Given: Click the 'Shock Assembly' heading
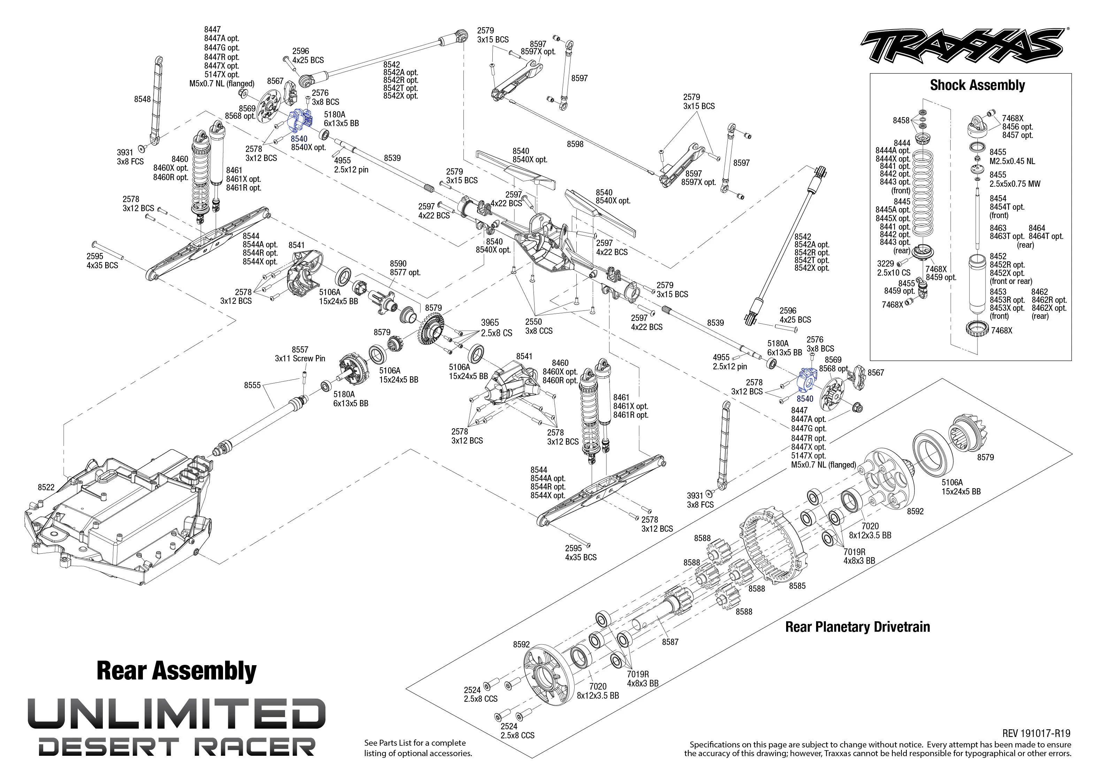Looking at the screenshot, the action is (977, 85).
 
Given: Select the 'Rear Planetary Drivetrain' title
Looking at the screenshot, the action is (858, 627).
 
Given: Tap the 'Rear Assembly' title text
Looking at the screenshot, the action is (176, 671).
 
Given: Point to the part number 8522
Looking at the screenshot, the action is (46, 487).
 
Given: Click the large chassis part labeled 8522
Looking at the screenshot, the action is (118, 516).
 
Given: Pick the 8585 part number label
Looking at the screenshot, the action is (797, 586).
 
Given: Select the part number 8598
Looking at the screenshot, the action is (575, 144).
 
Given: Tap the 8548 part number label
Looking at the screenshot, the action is (143, 99).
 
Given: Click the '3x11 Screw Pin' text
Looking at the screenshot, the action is (300, 359).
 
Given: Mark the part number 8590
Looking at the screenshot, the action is (399, 263).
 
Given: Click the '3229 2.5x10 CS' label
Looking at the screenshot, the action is (894, 268).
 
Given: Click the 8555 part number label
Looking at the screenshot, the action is (252, 385).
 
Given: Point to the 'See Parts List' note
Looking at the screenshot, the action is (418, 748).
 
